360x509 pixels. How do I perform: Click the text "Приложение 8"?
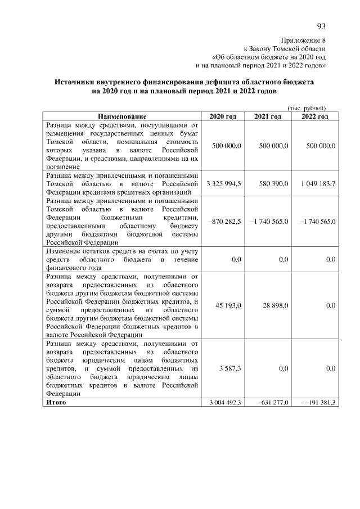point(303,40)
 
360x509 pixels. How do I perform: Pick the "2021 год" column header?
point(268,116)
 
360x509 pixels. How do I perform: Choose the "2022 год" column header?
point(314,116)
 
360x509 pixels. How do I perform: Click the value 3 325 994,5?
point(224,183)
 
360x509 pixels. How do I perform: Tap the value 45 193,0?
point(228,305)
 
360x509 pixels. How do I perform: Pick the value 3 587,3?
point(231,368)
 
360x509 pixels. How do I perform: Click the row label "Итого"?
point(56,403)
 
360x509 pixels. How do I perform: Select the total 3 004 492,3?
point(225,403)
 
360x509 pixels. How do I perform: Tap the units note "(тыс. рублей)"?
point(307,107)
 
